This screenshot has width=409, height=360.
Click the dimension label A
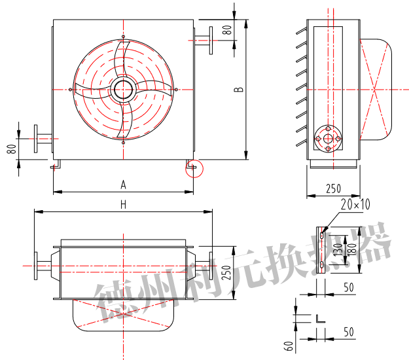[x=124, y=185]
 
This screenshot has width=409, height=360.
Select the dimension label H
[x=124, y=205]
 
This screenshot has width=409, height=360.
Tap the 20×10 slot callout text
[x=355, y=204]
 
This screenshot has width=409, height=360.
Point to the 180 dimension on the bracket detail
[x=352, y=249]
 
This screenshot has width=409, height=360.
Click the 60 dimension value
[x=289, y=346]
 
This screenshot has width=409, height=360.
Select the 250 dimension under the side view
[x=333, y=189]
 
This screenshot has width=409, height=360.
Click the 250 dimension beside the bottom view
[x=226, y=272]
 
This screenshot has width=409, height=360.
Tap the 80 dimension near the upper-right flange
[x=227, y=30]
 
